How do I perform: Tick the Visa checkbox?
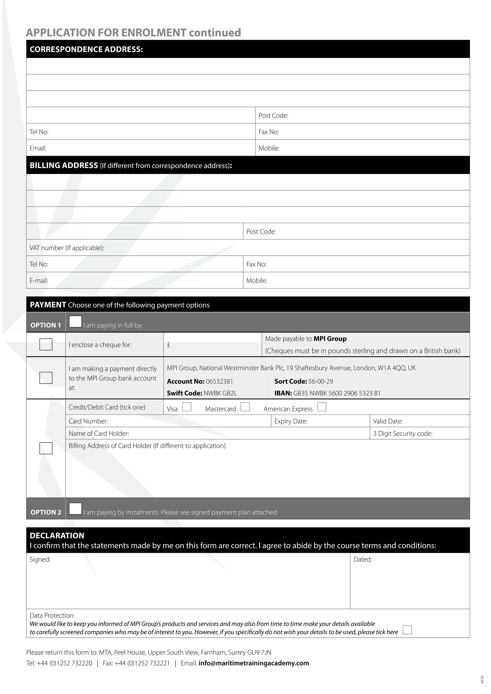click(187, 407)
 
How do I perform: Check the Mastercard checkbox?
click(245, 407)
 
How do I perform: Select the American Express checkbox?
click(322, 407)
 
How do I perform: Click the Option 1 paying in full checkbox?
click(75, 322)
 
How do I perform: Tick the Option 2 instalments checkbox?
click(75, 509)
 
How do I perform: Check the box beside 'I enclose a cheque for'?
click(46, 344)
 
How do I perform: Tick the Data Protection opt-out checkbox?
click(407, 630)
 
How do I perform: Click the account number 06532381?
click(220, 382)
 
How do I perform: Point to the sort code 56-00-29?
click(321, 382)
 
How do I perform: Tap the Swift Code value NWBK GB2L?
click(220, 393)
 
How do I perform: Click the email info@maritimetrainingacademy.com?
click(254, 663)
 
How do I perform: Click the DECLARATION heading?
click(57, 536)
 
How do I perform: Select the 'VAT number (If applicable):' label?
click(67, 248)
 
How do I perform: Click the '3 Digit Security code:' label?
click(403, 434)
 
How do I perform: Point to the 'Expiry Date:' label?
click(291, 421)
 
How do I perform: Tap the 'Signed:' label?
click(40, 560)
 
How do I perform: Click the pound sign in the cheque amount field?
click(169, 345)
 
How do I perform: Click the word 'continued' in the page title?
click(215, 33)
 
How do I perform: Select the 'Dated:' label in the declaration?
click(362, 560)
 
